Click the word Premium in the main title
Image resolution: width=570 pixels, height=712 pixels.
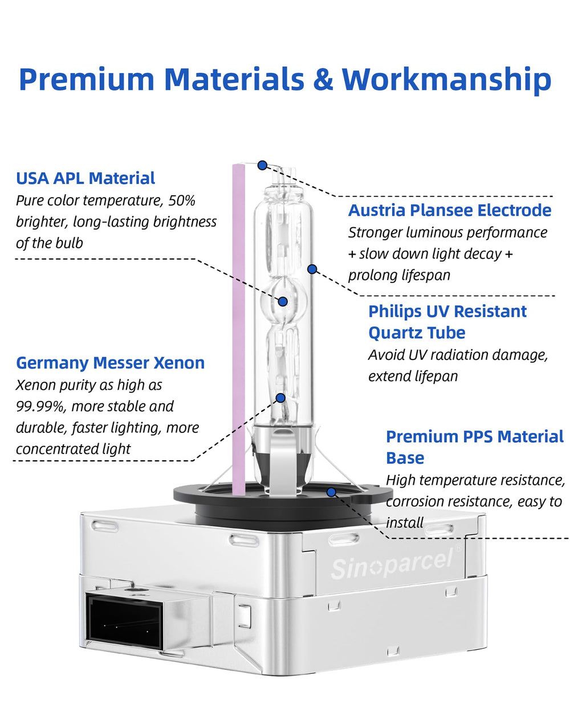(x=87, y=80)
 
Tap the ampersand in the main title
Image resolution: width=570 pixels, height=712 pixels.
(x=323, y=79)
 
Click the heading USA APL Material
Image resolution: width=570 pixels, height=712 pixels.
(x=85, y=178)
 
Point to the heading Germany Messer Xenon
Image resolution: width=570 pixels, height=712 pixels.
(x=110, y=363)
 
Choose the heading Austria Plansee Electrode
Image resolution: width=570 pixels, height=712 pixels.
(x=450, y=210)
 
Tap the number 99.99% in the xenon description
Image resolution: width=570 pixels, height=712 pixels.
(x=40, y=406)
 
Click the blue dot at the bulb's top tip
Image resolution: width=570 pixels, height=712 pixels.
(x=262, y=165)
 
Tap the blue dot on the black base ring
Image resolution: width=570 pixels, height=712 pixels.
(x=331, y=492)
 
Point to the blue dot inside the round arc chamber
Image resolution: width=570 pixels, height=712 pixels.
(x=283, y=301)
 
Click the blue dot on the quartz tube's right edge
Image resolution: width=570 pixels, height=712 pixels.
(x=312, y=269)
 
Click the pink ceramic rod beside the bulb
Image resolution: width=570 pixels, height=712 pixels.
(x=238, y=329)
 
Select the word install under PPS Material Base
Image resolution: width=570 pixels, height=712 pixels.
(x=404, y=523)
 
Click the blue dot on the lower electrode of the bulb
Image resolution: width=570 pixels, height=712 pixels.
(x=280, y=398)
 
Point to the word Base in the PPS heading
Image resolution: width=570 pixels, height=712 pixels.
(x=405, y=458)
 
